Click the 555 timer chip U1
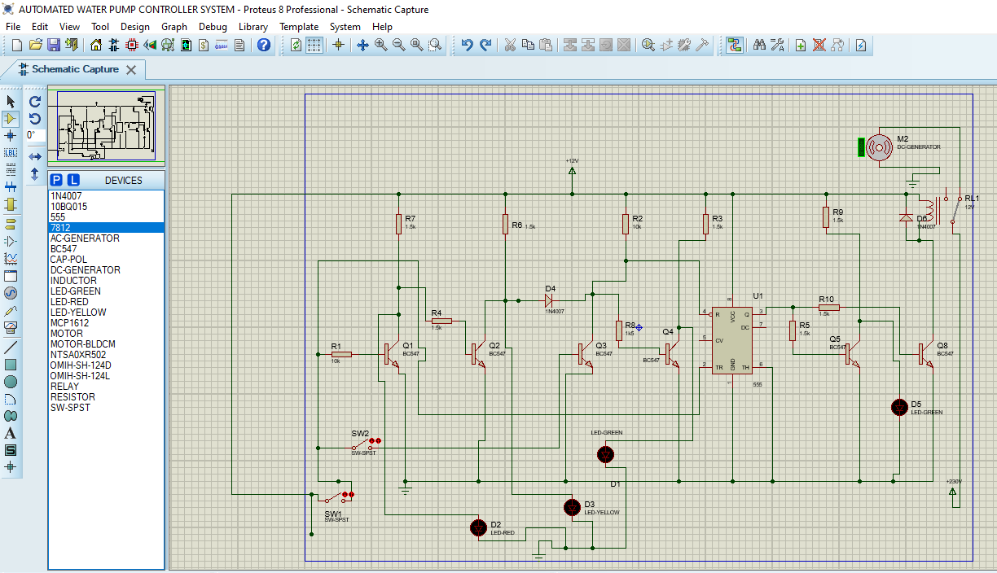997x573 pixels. (732, 339)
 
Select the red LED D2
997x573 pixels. (479, 527)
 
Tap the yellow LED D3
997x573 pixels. (572, 507)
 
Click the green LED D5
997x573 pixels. (899, 407)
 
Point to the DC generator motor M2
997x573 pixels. (879, 147)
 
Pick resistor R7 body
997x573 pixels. (398, 224)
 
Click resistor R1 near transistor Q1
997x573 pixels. (341, 354)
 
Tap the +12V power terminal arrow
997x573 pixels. (572, 170)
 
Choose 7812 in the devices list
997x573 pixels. (60, 228)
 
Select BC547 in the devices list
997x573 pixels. (64, 249)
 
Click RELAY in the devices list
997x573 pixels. (65, 387)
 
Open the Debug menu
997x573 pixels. (213, 26)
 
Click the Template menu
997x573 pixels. (299, 26)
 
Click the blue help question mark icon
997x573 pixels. (264, 45)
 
